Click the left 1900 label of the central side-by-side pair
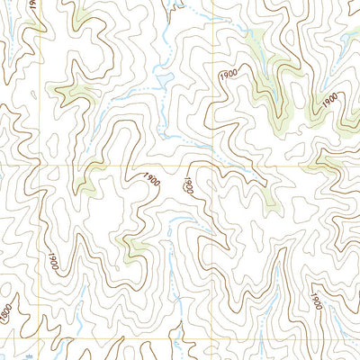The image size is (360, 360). (151, 180)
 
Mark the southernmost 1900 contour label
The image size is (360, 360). (315, 301)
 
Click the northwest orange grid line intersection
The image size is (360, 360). (41, 167)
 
